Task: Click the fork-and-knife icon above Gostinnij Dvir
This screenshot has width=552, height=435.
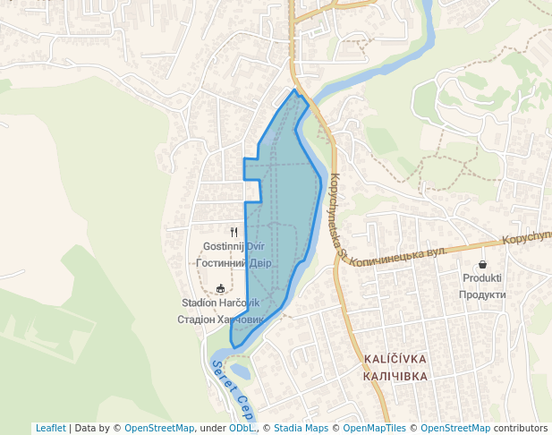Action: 234,231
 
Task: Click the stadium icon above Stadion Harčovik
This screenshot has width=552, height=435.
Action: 221,288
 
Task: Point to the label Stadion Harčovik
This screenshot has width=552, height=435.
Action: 220,303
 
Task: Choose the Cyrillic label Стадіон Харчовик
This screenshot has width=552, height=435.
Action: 220,319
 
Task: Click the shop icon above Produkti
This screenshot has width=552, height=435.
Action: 483,264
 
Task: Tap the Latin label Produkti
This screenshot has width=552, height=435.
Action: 482,278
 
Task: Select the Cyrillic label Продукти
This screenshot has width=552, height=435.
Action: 482,294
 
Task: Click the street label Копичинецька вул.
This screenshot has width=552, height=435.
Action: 397,254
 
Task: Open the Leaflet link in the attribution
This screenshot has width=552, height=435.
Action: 50,428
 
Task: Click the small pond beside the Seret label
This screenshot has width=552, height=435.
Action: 240,370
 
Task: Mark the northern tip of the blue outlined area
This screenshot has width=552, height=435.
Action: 294,90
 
